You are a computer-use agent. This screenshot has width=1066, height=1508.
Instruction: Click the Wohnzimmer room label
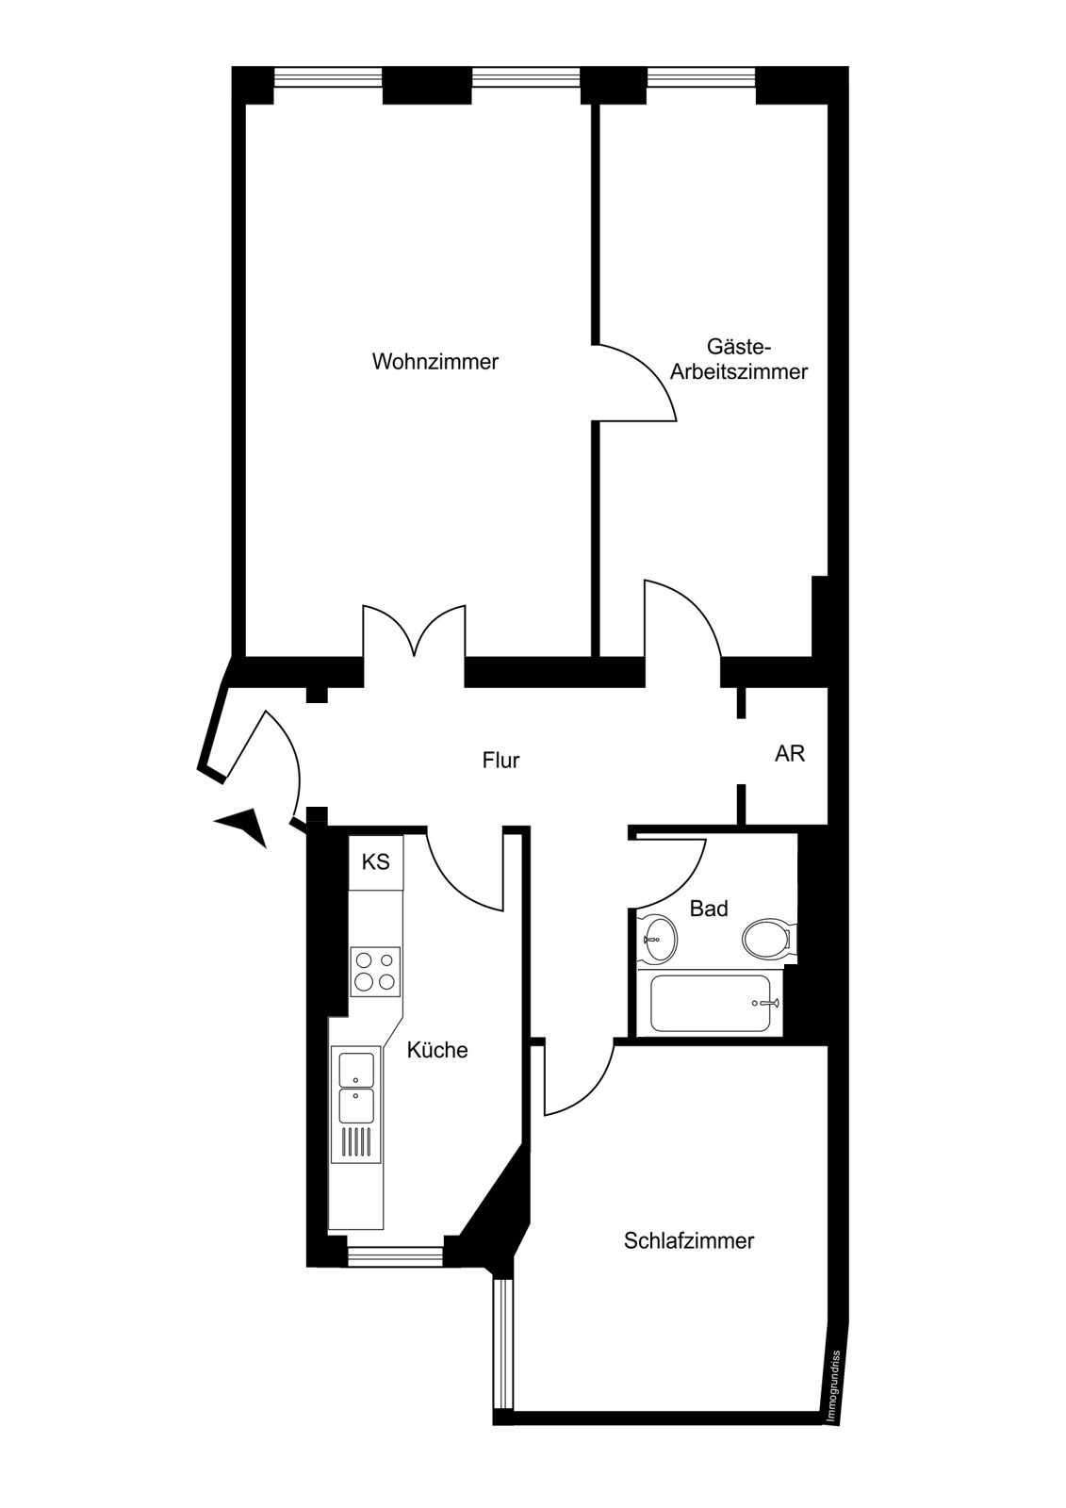(435, 362)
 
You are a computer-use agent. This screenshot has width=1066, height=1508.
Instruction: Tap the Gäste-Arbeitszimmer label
(739, 359)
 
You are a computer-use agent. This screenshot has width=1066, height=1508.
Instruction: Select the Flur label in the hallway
(501, 760)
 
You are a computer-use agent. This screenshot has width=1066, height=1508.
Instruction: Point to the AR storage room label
(790, 753)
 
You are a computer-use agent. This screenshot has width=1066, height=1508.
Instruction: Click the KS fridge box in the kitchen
(376, 861)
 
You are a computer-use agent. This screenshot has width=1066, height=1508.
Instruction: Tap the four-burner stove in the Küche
(375, 972)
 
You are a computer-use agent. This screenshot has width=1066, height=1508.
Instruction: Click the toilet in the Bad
(769, 937)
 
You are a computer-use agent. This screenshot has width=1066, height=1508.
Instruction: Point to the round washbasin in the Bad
(657, 937)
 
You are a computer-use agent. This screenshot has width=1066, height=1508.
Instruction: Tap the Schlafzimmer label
(689, 1240)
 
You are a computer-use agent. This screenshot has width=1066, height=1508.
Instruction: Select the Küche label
(437, 1050)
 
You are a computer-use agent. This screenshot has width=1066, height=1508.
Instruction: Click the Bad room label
(709, 909)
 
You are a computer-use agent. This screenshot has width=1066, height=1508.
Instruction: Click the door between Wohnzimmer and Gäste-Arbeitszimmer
(636, 383)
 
